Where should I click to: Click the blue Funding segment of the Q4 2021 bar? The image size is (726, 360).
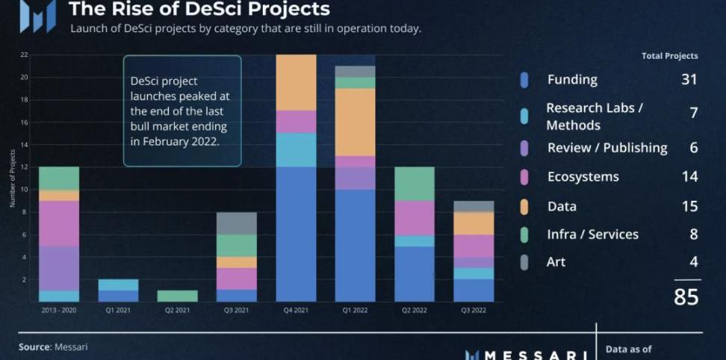(x=296, y=234)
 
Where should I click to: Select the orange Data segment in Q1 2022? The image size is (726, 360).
(x=355, y=122)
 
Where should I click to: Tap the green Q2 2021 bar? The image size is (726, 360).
(x=178, y=296)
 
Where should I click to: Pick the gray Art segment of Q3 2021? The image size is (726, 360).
(x=237, y=223)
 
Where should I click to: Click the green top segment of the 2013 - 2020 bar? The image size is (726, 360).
(x=59, y=178)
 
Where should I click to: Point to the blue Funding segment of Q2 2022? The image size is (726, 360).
(x=415, y=274)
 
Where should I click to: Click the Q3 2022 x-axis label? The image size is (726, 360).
(x=474, y=308)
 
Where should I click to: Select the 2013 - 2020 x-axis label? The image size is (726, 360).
(x=59, y=308)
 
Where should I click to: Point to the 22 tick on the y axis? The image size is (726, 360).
(x=25, y=55)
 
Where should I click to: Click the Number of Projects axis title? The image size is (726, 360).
(x=13, y=178)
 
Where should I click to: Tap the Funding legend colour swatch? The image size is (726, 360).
(x=524, y=80)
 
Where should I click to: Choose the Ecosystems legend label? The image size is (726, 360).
(x=583, y=177)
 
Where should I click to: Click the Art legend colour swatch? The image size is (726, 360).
(x=524, y=261)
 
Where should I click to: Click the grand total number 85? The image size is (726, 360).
(x=686, y=297)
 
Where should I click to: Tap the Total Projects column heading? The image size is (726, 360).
(x=669, y=56)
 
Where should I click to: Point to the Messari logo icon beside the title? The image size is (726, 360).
(x=37, y=15)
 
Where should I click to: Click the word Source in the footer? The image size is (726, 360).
(x=34, y=347)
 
